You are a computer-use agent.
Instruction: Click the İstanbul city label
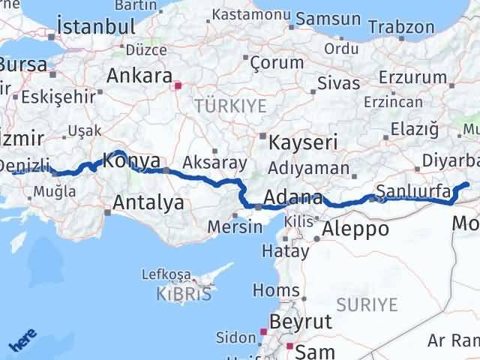point(91,27)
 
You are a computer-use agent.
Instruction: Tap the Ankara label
point(140,75)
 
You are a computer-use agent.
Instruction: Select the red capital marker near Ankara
point(178,85)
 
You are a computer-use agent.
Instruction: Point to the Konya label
point(131,160)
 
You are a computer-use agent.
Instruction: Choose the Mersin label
point(230,226)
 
